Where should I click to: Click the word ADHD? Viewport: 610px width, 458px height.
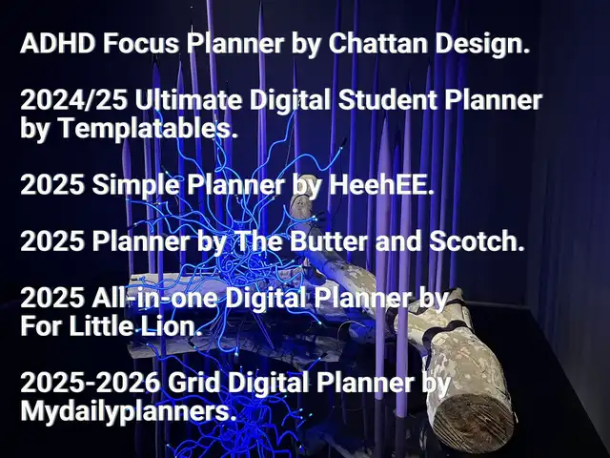57,43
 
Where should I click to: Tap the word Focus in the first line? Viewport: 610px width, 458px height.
141,43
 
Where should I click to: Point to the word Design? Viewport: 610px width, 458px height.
482,45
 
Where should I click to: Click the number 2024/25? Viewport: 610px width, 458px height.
74,100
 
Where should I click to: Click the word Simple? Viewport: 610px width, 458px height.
135,186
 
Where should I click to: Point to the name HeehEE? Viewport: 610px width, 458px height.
381,184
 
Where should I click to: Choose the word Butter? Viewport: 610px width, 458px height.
328,241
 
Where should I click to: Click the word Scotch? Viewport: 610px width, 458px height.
477,241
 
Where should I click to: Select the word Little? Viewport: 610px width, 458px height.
101,326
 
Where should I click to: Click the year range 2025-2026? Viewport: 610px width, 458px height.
91,383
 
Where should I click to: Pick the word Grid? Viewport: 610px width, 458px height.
193,383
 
